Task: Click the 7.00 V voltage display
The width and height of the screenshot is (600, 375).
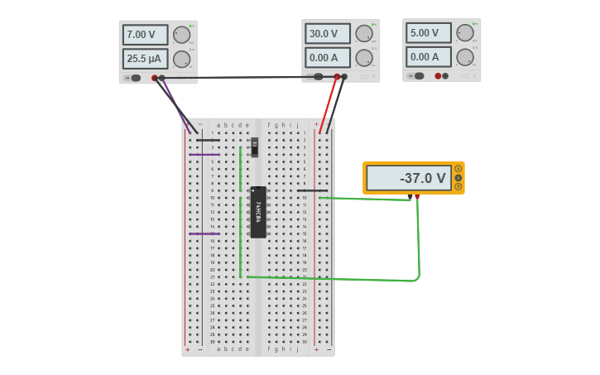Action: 145,35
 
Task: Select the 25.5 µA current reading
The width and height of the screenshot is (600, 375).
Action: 145,59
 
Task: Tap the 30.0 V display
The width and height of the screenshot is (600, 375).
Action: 328,34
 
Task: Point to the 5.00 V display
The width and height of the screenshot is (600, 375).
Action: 428,33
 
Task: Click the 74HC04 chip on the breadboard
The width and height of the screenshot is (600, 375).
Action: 258,212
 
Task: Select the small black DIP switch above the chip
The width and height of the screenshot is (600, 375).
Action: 254,147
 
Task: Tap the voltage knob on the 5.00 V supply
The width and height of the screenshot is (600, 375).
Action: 464,32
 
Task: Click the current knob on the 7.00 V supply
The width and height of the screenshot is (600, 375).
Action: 180,59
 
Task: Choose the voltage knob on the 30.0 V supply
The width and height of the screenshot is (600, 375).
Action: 363,33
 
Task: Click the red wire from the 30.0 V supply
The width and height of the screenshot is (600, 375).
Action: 329,103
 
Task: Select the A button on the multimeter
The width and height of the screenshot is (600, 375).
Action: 458,169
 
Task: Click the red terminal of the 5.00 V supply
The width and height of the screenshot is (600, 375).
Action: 438,75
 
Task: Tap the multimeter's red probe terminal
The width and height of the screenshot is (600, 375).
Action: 417,197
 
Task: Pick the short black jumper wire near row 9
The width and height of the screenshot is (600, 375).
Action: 312,190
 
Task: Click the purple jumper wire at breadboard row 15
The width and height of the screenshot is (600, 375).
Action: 204,233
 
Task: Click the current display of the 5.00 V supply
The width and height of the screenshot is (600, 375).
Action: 428,56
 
